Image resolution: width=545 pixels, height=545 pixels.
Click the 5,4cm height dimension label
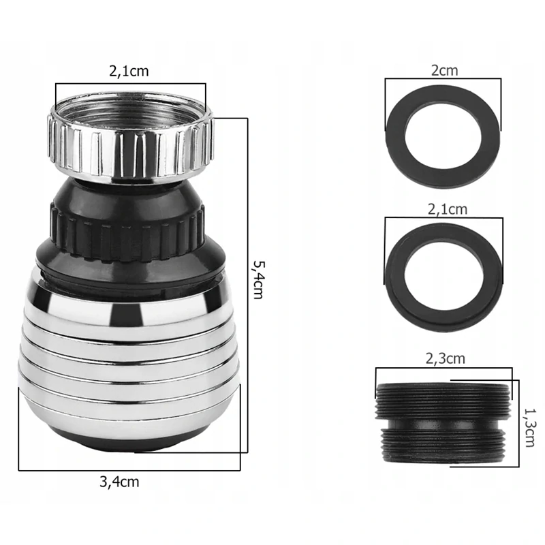(258, 280)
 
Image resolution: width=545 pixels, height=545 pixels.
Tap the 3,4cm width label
(119, 482)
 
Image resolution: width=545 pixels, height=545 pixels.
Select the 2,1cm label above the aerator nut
(129, 72)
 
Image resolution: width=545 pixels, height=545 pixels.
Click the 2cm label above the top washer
(445, 71)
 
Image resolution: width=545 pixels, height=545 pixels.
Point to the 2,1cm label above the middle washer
(448, 210)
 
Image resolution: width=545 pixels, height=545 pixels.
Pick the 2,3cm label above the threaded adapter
(446, 359)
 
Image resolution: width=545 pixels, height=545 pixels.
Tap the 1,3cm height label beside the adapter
(530, 428)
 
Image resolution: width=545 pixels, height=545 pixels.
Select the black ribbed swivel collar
(127, 233)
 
